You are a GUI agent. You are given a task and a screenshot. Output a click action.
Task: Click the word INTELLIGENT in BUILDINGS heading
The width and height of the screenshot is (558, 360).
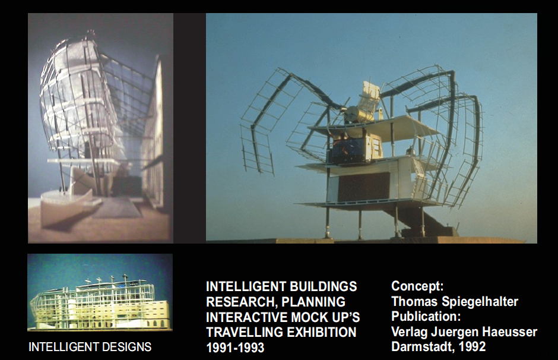point(246,287)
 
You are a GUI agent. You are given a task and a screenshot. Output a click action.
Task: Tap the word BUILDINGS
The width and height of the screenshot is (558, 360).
point(323,287)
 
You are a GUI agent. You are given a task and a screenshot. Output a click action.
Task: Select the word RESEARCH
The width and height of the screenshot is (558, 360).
point(240,302)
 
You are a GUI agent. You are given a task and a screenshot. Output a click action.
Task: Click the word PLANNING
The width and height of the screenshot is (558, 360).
point(313,302)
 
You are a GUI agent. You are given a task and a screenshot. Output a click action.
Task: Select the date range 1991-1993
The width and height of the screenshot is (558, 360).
point(235,348)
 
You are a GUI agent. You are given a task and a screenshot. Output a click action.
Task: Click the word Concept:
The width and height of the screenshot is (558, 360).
point(417,286)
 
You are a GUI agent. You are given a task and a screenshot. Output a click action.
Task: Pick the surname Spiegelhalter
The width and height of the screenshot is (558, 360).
point(480,302)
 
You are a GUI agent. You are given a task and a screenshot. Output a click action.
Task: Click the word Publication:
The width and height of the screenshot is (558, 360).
point(426,316)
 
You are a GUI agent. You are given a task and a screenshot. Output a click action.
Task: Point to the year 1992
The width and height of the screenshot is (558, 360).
point(473,346)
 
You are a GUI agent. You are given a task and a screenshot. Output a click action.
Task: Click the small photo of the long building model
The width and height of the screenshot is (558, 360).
point(100,292)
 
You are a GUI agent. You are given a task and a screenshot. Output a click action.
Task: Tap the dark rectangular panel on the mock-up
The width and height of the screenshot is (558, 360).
point(363,187)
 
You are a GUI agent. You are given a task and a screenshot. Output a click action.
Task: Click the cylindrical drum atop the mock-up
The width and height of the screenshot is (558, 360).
point(353,114)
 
